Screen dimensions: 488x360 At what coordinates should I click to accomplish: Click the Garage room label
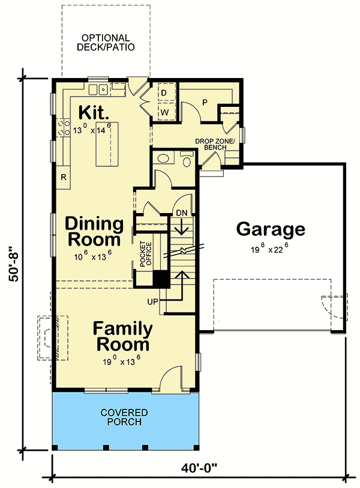pos(270,229)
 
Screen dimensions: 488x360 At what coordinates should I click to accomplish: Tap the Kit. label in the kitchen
pos(93,112)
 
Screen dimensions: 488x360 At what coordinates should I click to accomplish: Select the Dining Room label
pos(94,232)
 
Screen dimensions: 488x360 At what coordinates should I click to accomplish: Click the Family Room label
pos(122,337)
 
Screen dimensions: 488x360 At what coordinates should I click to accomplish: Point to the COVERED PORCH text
pos(125,417)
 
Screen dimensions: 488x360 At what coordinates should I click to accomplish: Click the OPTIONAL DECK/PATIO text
pos(106,42)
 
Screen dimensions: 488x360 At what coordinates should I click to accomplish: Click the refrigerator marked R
pos(63,176)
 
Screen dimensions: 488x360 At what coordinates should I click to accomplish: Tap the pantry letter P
pos(204,103)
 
